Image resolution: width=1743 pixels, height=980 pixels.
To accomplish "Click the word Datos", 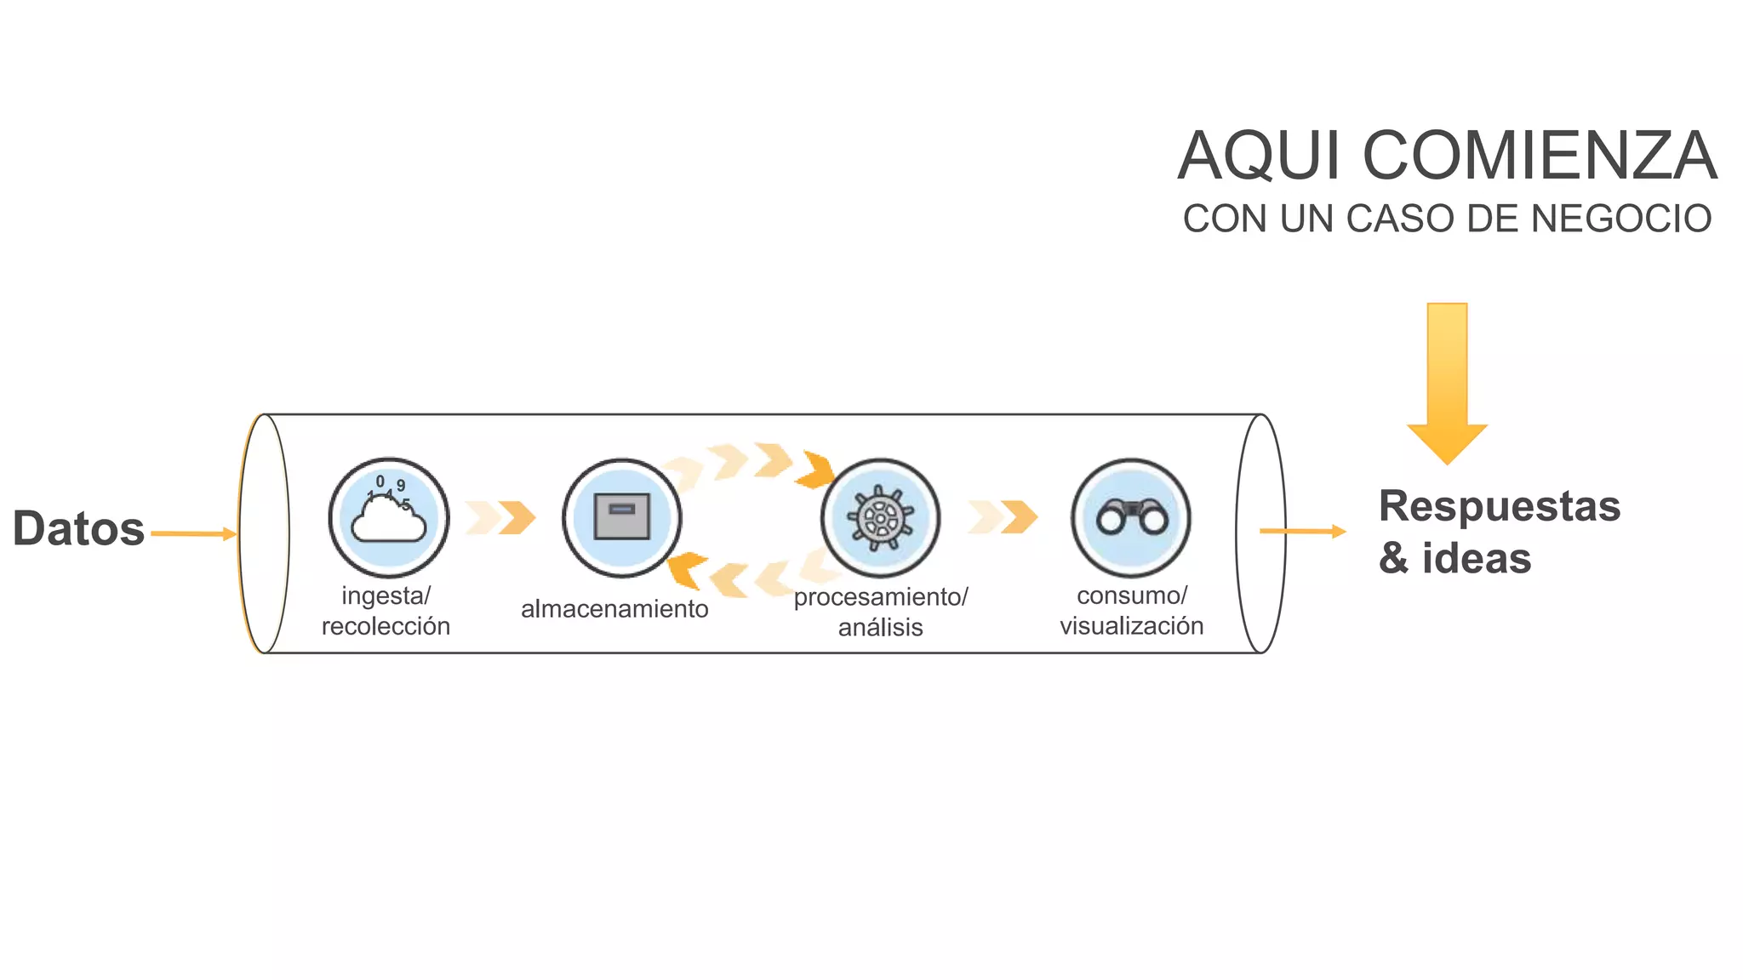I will point(78,528).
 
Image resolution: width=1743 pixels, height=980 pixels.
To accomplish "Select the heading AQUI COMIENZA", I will point(1447,157).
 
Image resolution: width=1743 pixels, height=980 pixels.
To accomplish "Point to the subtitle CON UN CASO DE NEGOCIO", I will point(1447,219).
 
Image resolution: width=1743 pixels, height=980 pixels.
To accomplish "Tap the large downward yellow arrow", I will point(1447,383).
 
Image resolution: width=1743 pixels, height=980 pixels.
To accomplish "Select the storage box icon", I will point(622,517).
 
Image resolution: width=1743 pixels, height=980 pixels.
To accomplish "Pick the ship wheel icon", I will point(880,517).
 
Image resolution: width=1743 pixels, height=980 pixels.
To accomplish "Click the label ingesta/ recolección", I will point(386,611).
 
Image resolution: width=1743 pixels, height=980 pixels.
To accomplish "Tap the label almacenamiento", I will point(614,609).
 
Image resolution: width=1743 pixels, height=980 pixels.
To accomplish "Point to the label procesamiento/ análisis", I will point(881,612).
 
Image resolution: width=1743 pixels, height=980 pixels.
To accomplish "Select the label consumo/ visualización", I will point(1131,611).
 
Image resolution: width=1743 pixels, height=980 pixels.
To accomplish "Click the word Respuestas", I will point(1500,506).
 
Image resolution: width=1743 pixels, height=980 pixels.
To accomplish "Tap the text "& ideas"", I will point(1454,559).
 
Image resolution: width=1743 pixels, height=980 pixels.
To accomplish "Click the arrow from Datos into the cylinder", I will point(193,534).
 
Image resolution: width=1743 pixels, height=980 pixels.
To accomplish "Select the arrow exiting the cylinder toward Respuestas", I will point(1302,532).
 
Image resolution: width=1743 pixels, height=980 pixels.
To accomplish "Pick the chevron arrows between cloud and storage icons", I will point(501,517).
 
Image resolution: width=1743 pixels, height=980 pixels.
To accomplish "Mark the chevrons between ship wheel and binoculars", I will point(1003,517).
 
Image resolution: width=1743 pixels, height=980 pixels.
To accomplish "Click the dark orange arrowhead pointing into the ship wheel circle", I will point(816,470).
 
